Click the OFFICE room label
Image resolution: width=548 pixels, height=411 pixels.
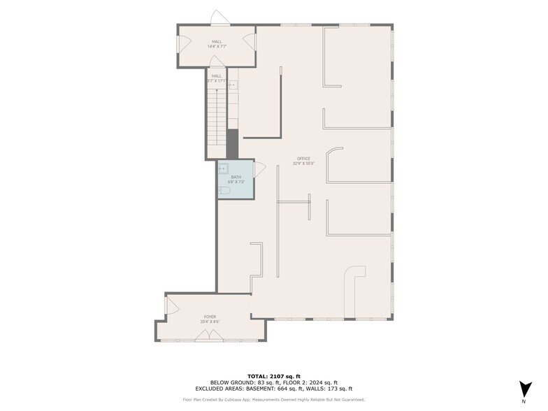303,159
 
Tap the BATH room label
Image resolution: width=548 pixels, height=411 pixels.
236,177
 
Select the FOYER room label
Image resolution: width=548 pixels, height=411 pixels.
210,317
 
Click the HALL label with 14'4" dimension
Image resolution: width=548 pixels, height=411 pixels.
217,41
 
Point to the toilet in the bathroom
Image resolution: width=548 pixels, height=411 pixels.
225,190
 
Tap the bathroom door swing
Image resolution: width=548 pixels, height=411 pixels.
259,168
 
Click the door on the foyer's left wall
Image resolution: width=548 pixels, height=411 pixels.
169,305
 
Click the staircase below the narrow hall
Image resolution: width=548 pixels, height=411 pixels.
217,119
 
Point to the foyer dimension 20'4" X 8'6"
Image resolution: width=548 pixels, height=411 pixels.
210,322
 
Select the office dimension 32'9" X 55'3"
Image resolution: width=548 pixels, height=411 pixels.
303,164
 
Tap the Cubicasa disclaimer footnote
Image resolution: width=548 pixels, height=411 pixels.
274,399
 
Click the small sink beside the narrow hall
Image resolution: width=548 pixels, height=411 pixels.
233,85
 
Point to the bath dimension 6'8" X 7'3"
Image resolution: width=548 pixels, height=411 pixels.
236,182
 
